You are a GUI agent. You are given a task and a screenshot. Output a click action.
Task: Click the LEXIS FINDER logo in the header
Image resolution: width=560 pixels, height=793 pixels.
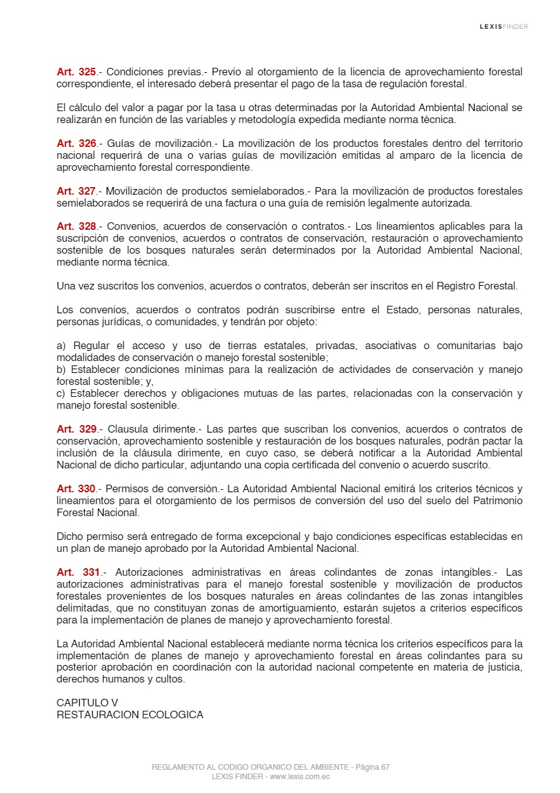[503, 26]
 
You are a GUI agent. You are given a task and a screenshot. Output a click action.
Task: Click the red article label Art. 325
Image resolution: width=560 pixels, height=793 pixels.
[76, 72]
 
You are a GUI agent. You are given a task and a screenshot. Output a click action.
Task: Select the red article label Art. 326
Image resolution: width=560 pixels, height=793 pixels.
[76, 144]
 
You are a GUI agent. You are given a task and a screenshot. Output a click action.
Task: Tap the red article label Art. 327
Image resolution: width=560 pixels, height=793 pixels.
[76, 192]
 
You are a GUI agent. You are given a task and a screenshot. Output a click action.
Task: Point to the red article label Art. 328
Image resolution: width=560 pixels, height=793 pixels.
[76, 227]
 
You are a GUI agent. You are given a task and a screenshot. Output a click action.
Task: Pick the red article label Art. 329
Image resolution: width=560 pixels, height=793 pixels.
[76, 429]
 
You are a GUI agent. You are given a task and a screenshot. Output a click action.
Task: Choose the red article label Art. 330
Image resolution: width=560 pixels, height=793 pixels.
[76, 489]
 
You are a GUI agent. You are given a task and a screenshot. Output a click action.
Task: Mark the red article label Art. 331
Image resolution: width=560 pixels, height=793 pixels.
[78, 573]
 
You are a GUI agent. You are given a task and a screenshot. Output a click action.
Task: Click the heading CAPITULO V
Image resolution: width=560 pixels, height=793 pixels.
[87, 703]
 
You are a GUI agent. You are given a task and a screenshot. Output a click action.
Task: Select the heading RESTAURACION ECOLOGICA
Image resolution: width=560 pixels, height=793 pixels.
[130, 715]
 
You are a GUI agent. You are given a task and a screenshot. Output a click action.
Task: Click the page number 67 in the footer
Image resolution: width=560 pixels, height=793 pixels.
[385, 767]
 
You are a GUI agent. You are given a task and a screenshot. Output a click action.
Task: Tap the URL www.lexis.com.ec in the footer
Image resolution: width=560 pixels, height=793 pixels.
[299, 777]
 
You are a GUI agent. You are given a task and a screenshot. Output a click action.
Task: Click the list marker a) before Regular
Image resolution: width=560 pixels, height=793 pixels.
[61, 346]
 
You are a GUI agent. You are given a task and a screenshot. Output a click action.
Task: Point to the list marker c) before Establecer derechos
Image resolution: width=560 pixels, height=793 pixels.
[61, 394]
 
